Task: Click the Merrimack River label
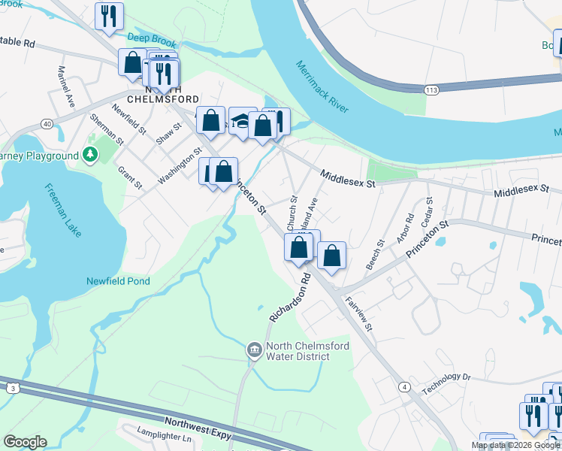(322, 86)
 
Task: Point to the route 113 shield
(431, 90)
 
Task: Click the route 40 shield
(47, 124)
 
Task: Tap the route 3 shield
(13, 388)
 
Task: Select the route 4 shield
(404, 387)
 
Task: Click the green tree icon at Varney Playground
(90, 156)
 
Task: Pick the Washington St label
(180, 166)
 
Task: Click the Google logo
(25, 442)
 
